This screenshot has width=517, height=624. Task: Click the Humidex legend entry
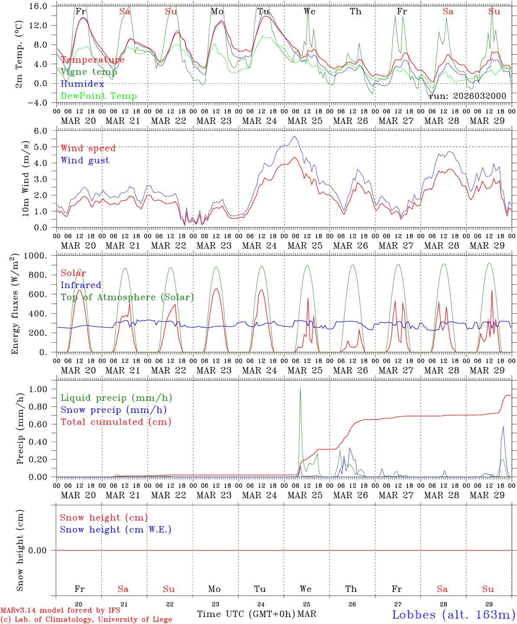click(x=83, y=84)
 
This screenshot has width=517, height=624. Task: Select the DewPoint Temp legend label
click(x=99, y=96)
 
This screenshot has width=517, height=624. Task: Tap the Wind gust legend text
click(x=85, y=160)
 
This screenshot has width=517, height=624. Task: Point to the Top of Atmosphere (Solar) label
click(x=127, y=297)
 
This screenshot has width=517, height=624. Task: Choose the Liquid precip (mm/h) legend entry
click(x=116, y=398)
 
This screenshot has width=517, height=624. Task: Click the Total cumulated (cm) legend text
click(x=116, y=422)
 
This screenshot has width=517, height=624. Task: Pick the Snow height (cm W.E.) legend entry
click(x=116, y=530)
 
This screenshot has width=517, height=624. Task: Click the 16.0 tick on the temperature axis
click(x=40, y=6)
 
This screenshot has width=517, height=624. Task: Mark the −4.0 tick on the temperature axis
click(x=40, y=103)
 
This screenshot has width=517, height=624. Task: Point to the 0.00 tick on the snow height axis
click(x=43, y=550)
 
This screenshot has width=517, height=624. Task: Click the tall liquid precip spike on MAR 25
click(x=301, y=388)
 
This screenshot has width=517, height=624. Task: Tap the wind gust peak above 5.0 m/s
click(x=295, y=136)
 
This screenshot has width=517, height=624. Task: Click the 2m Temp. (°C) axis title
click(x=19, y=54)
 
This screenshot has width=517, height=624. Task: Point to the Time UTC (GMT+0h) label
click(x=246, y=614)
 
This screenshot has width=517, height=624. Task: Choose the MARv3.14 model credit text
click(x=60, y=611)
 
